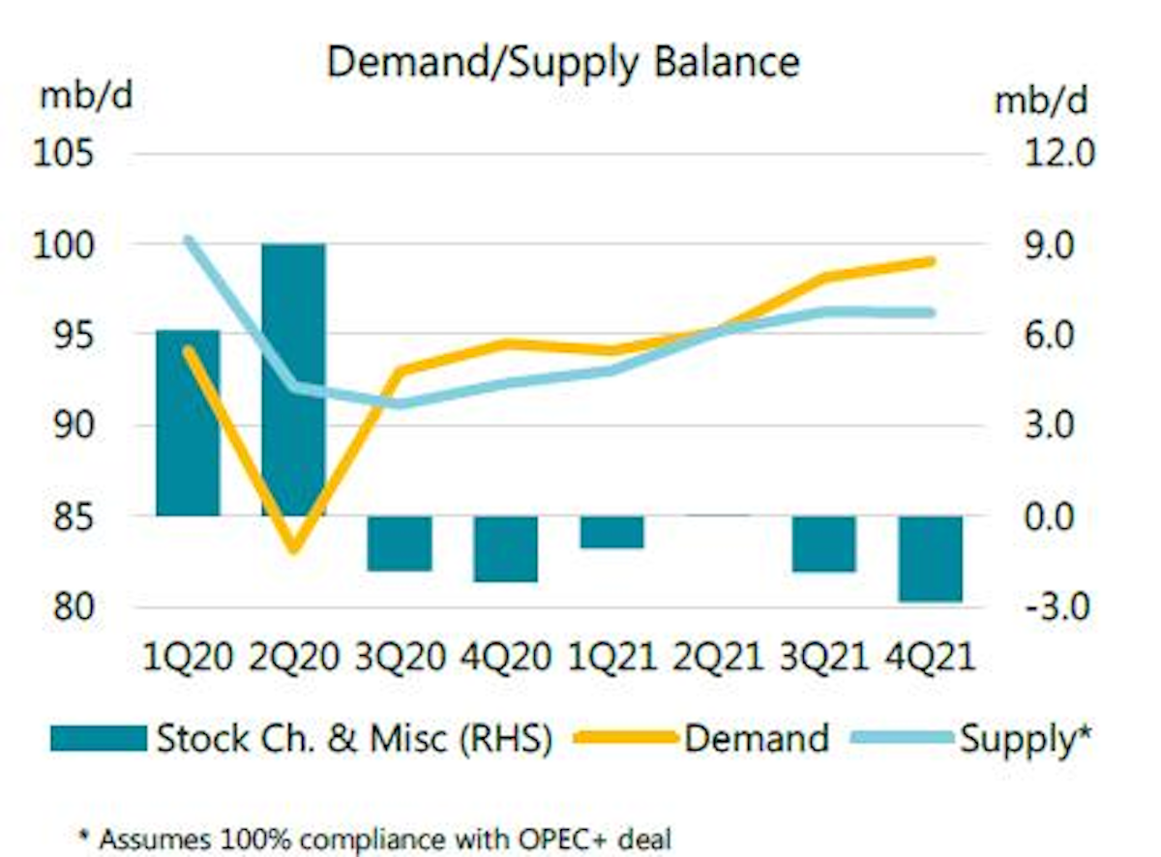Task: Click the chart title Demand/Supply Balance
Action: [x=563, y=62]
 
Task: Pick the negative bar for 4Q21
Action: [x=930, y=558]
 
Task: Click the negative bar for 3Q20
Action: [x=400, y=543]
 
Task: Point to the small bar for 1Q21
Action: [x=611, y=532]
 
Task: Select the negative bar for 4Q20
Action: [x=505, y=548]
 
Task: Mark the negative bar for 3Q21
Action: [x=823, y=543]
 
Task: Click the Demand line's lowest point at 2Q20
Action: [x=294, y=549]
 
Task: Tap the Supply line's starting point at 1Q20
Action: [x=189, y=240]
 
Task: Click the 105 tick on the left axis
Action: [x=66, y=154]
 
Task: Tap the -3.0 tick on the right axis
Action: [x=1056, y=607]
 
